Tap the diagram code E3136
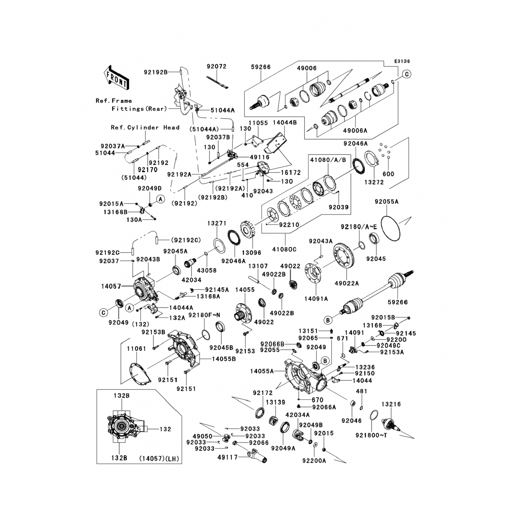[402, 61]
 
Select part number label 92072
[216, 66]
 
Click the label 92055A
[387, 202]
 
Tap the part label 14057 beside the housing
[111, 286]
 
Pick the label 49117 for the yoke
[227, 457]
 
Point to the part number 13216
[391, 404]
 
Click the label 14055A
[262, 371]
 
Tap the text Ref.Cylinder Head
[145, 128]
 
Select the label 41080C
[284, 249]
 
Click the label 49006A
[355, 131]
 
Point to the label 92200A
[314, 461]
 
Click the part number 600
[388, 174]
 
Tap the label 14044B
[285, 123]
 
